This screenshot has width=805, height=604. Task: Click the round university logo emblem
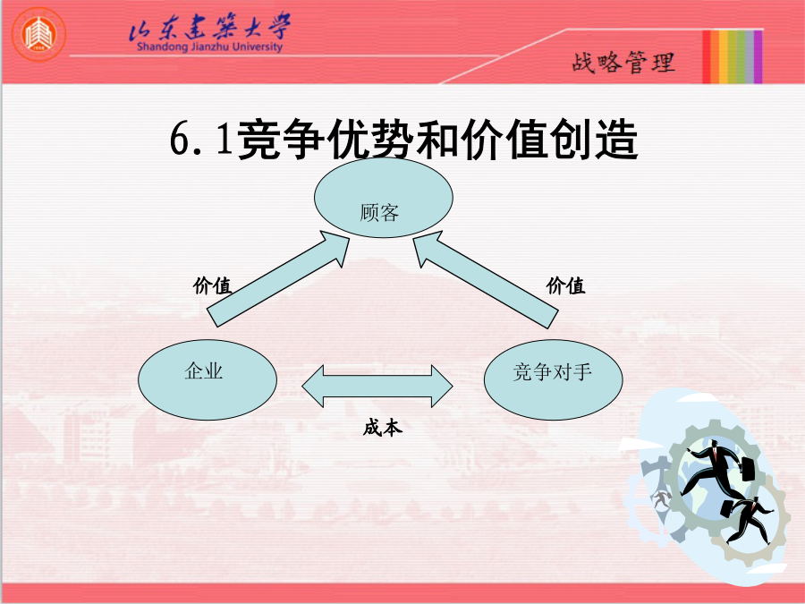pyautogui.click(x=39, y=34)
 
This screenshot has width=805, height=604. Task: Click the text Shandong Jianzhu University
pyautogui.click(x=209, y=47)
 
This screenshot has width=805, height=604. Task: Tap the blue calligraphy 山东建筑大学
pyautogui.click(x=209, y=26)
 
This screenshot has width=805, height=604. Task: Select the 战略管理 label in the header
pyautogui.click(x=623, y=63)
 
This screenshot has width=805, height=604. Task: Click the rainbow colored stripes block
pyautogui.click(x=733, y=56)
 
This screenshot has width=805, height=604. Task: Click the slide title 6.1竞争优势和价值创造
pyautogui.click(x=403, y=139)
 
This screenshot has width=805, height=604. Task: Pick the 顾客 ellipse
pyautogui.click(x=384, y=198)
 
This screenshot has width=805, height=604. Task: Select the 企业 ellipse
pyautogui.click(x=208, y=379)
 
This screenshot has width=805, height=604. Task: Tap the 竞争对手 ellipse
pyautogui.click(x=554, y=379)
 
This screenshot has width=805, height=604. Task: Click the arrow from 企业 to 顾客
pyautogui.click(x=278, y=278)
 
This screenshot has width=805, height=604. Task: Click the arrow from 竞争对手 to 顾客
pyautogui.click(x=486, y=279)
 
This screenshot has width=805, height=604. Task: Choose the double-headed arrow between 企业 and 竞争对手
pyautogui.click(x=377, y=387)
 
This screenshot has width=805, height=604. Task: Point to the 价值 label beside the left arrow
pyautogui.click(x=212, y=285)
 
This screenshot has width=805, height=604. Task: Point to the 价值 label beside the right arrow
pyautogui.click(x=565, y=285)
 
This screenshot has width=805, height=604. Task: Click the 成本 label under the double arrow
pyautogui.click(x=383, y=428)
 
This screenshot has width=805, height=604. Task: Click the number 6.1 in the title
pyautogui.click(x=200, y=139)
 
